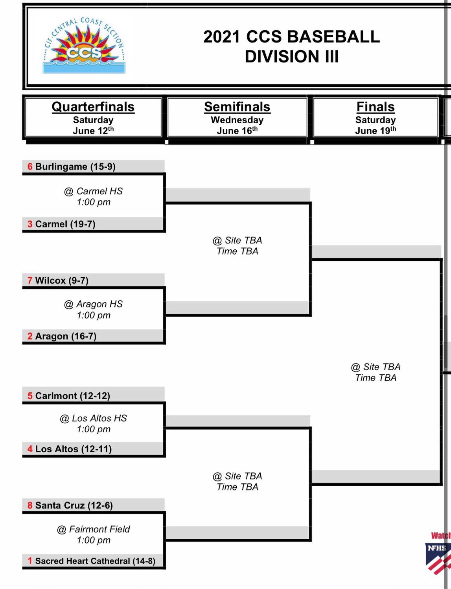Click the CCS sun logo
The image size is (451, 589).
pos(84,46)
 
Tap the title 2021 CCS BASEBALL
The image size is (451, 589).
pos(291,37)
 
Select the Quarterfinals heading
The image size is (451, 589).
pos(93,107)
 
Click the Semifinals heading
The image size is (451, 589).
pos(237,107)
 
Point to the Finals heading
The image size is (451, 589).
pos(376,107)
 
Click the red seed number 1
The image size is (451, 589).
pos(30,561)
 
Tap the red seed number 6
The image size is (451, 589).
pos(30,166)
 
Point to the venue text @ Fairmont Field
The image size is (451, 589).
pos(94,529)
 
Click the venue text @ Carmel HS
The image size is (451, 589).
pos(94,191)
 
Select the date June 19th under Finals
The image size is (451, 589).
pos(376,131)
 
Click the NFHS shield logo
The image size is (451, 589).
pos(437,556)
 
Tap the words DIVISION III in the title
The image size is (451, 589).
pos(291,57)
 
